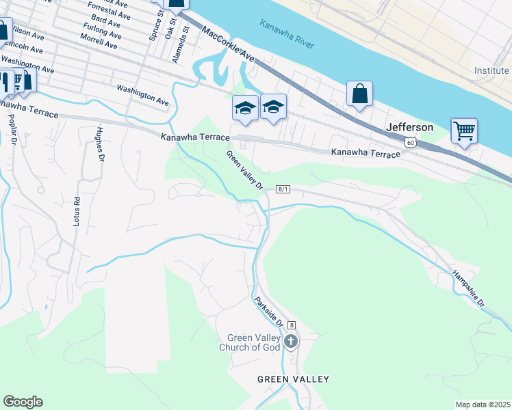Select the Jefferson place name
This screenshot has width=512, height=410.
tap(409, 127)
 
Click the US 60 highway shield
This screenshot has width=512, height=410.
tap(409, 141)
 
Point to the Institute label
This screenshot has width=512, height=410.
tap(491, 71)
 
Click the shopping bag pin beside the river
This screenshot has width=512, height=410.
tap(359, 94)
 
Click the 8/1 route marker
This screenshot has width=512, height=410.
tap(283, 189)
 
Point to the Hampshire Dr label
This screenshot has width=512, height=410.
tap(468, 289)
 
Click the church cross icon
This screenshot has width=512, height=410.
tap(291, 341)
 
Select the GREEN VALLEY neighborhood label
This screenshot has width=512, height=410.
tap(293, 379)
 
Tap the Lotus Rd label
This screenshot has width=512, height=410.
tap(77, 211)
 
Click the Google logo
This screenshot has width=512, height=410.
tap(23, 402)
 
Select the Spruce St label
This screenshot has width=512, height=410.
tap(154, 29)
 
